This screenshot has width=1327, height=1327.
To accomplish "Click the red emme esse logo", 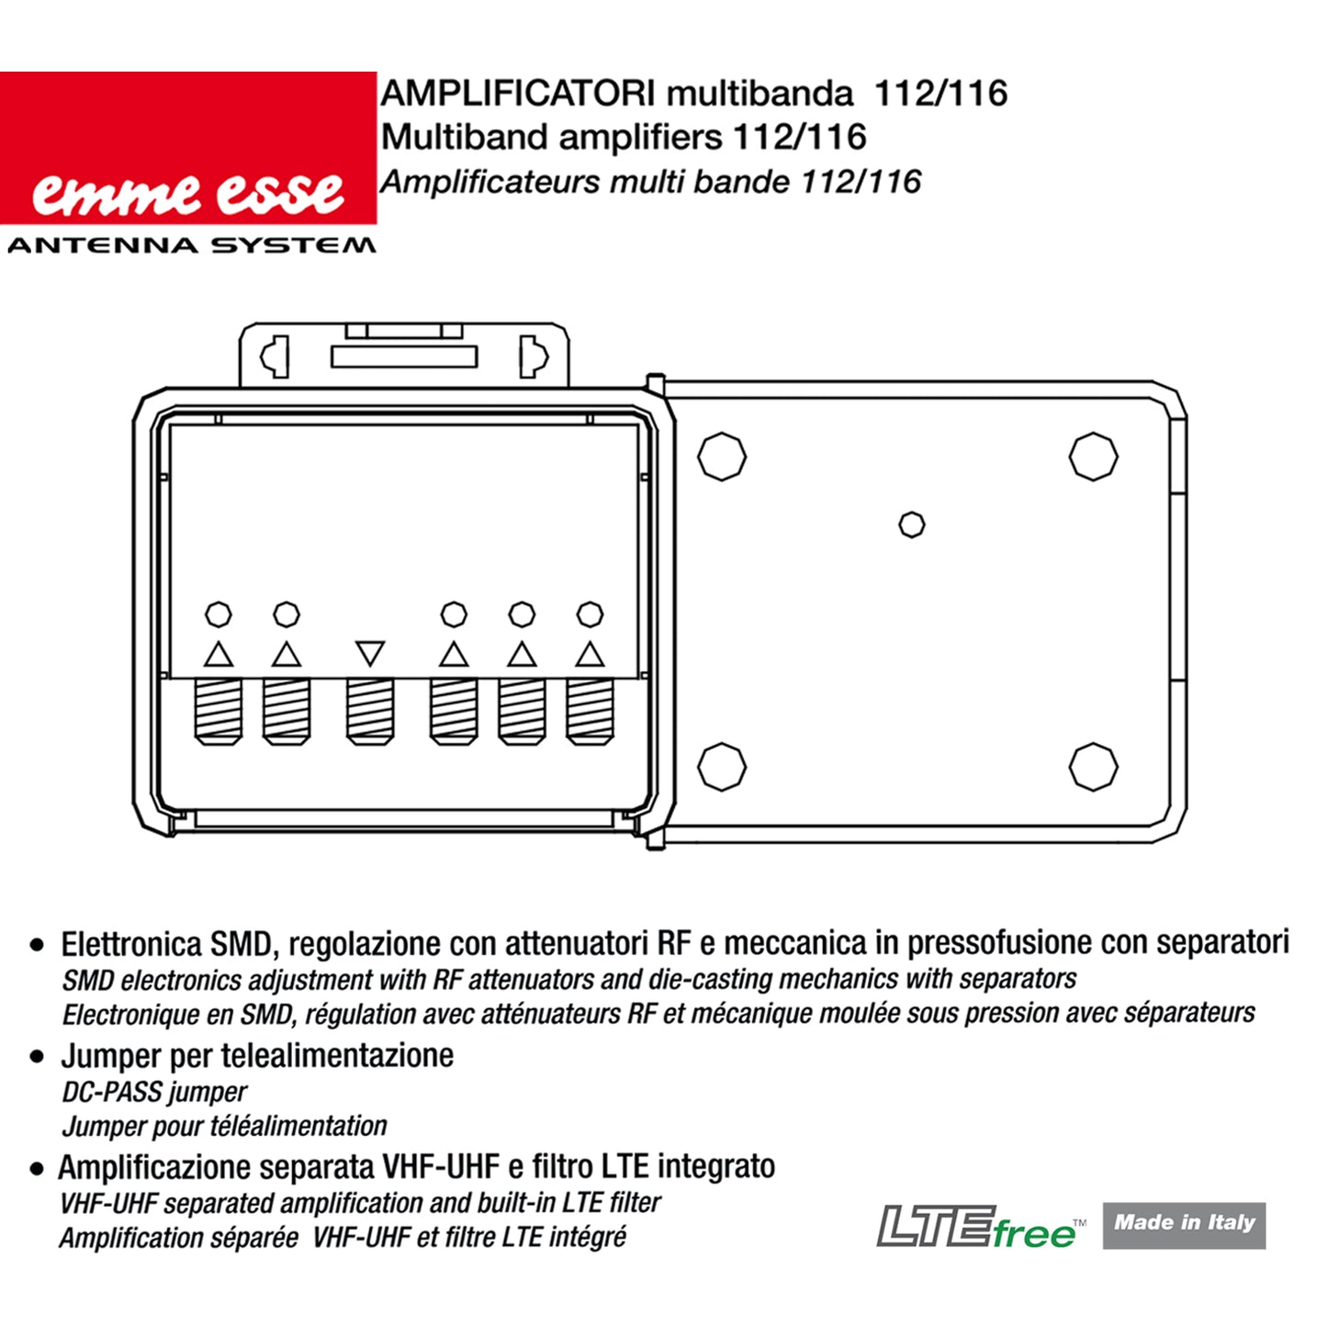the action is click(x=188, y=148).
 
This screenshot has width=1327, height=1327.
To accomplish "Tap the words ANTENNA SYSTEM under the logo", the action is click(x=191, y=245).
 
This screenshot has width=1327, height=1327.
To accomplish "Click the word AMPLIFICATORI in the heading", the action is click(x=518, y=94).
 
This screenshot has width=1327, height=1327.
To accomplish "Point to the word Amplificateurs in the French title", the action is click(x=490, y=183).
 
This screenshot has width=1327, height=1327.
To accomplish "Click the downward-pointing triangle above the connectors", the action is click(x=370, y=652).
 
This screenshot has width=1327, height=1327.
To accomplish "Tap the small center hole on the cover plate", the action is click(x=912, y=524).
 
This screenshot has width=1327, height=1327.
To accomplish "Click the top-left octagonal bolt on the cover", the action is click(x=722, y=456).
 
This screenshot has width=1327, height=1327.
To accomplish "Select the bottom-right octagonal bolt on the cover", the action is click(x=1094, y=767).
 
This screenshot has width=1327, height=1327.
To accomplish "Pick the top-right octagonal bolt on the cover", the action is click(x=1094, y=456).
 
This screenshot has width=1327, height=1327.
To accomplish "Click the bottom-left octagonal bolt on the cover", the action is click(x=722, y=767).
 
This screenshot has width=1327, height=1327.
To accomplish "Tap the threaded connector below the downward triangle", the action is click(x=370, y=712).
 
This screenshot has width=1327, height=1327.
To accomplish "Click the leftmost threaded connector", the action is click(x=219, y=712).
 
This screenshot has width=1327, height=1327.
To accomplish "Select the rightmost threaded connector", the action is click(x=590, y=712).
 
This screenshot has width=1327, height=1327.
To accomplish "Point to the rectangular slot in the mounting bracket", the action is click(x=404, y=356).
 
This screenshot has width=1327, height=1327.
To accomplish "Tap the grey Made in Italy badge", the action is click(x=1185, y=1226).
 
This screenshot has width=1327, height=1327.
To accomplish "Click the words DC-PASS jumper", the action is click(x=154, y=1092).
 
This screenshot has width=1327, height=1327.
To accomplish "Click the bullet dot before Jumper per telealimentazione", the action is click(x=37, y=1057).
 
